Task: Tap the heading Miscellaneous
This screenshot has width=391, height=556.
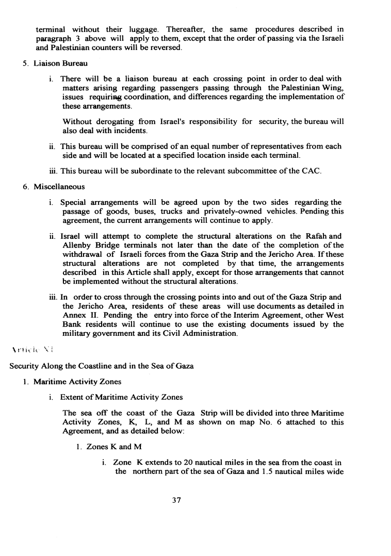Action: coord(59,186)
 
